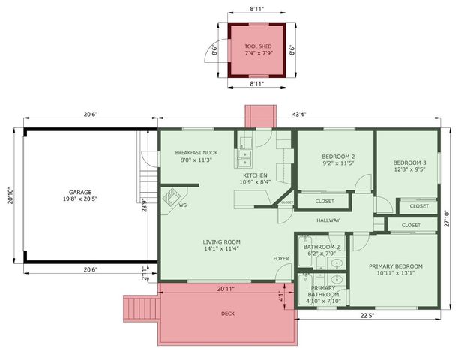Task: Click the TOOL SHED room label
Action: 258,46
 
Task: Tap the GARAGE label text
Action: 80,191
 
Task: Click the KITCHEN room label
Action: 255,175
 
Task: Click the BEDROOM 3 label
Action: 409,163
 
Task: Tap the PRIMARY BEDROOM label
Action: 395,266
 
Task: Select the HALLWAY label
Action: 328,220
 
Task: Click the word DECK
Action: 228,313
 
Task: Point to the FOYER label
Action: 281,258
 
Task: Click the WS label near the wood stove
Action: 182,205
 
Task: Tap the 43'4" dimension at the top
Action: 298,114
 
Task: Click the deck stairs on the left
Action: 140,308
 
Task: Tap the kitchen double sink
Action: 244,157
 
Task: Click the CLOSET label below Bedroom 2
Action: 325,201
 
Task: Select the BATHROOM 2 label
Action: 322,247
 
